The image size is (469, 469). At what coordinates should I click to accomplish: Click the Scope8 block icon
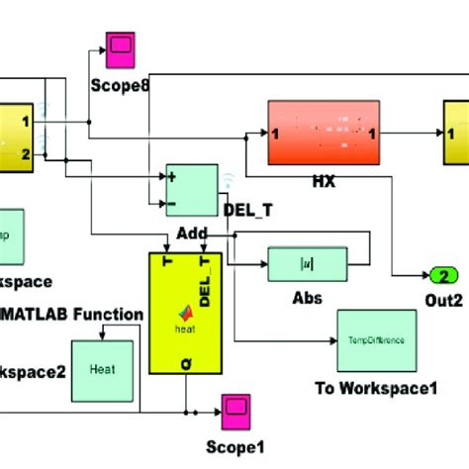(122, 47)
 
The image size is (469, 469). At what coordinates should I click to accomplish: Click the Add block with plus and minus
(191, 189)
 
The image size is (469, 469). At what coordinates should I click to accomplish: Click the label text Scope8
(120, 85)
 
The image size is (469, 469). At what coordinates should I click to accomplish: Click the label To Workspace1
(375, 388)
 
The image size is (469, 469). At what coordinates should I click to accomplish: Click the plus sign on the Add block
(174, 177)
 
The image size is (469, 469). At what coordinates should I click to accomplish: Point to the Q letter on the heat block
(185, 364)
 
